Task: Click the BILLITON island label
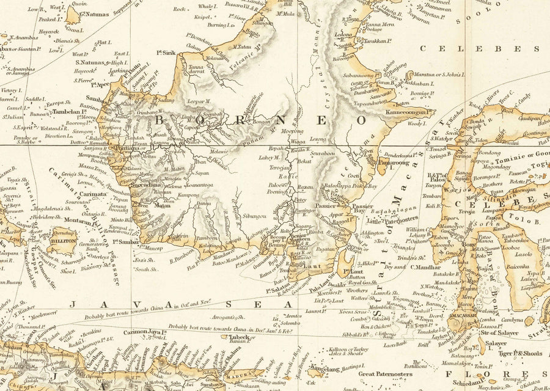pyautogui.click(x=63, y=241)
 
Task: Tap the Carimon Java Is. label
pyautogui.click(x=147, y=332)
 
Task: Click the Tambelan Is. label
pyautogui.click(x=66, y=112)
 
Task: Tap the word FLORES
pyautogui.click(x=483, y=373)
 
